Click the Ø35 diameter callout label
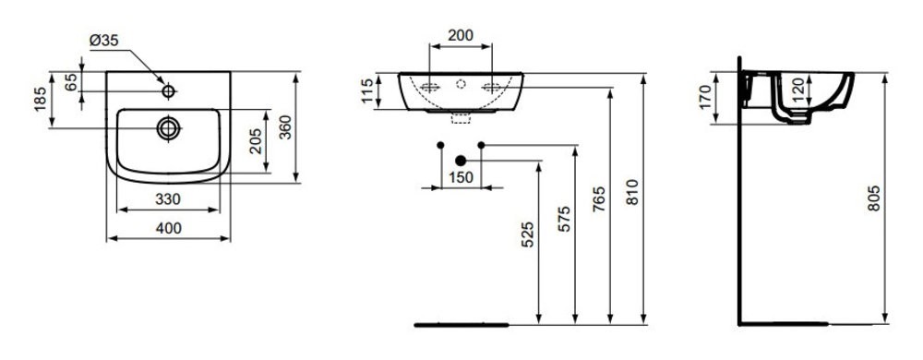[103, 40]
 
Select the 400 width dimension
[168, 228]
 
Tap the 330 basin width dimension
[168, 199]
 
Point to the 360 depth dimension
[285, 127]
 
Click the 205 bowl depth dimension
[256, 141]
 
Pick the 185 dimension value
[40, 99]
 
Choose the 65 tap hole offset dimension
[71, 83]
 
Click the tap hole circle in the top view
[168, 91]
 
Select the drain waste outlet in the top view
[168, 128]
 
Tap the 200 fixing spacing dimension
[461, 35]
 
